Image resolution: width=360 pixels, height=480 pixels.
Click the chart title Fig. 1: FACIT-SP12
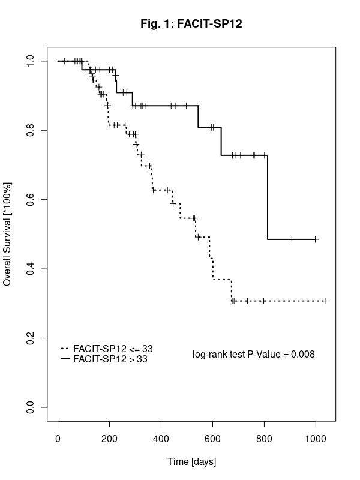[x=191, y=23]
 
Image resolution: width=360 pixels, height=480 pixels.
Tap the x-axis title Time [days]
[x=191, y=461]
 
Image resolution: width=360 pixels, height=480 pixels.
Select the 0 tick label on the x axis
[x=58, y=439]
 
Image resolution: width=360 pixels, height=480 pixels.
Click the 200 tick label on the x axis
[x=109, y=439]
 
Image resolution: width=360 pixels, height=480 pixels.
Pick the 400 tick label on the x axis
[x=161, y=439]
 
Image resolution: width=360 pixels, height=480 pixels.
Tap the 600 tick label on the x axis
[x=212, y=439]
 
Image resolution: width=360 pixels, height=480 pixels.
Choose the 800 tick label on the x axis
[x=264, y=439]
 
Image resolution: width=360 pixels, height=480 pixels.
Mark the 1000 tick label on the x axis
[x=316, y=439]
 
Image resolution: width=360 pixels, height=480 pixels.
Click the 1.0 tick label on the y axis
[x=31, y=61]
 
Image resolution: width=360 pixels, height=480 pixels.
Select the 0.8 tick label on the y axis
[x=31, y=130]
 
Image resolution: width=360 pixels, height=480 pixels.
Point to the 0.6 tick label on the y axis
[x=31, y=200]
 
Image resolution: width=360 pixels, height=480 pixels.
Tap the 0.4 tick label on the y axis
[x=31, y=269]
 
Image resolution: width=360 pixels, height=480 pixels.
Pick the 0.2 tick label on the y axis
[x=31, y=338]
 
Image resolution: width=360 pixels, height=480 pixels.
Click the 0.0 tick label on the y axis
[x=31, y=407]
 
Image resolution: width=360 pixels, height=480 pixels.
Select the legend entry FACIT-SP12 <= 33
[x=107, y=349]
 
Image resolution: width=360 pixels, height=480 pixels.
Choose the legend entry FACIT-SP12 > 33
[x=104, y=359]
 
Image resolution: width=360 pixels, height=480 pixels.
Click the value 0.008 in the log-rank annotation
[x=303, y=354]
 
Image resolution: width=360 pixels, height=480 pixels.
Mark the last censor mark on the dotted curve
[x=325, y=301]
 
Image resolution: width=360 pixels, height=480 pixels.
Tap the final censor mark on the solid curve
[x=316, y=239]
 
